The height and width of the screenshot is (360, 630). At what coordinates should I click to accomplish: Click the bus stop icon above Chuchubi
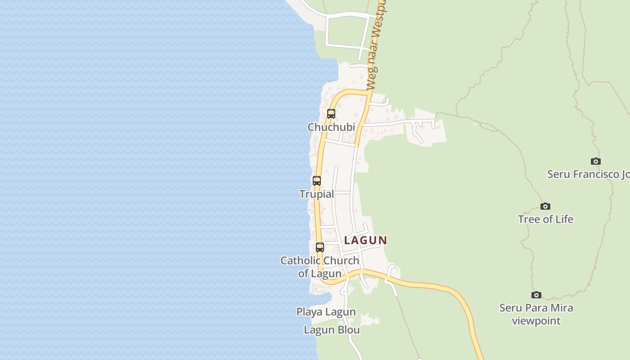[331, 114]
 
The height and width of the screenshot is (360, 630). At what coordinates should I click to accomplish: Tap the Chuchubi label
[331, 127]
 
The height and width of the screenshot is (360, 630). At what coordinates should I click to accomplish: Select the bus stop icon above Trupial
[317, 181]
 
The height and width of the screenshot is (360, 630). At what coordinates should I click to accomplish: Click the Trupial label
[317, 194]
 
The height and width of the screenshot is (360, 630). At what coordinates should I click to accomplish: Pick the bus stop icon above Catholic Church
[320, 247]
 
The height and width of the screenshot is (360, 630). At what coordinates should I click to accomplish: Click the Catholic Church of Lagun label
[320, 267]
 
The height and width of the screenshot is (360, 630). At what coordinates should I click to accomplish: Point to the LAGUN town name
[365, 240]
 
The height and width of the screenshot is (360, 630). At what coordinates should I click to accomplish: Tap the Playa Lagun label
[326, 312]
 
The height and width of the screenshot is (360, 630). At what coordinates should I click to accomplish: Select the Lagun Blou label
[332, 330]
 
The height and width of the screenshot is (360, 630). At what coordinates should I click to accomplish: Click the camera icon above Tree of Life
[545, 207]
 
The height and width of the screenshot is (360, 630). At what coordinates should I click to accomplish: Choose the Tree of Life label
[545, 220]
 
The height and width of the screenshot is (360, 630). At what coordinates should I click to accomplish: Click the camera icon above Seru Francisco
[596, 161]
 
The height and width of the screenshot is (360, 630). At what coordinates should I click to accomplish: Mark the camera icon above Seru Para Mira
[536, 295]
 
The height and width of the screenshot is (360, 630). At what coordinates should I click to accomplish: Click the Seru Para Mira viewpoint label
[536, 315]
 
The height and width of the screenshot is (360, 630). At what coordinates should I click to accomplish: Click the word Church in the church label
[341, 261]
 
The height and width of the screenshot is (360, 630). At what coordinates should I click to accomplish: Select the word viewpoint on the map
[536, 321]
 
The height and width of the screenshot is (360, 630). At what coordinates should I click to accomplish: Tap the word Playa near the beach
[310, 312]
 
